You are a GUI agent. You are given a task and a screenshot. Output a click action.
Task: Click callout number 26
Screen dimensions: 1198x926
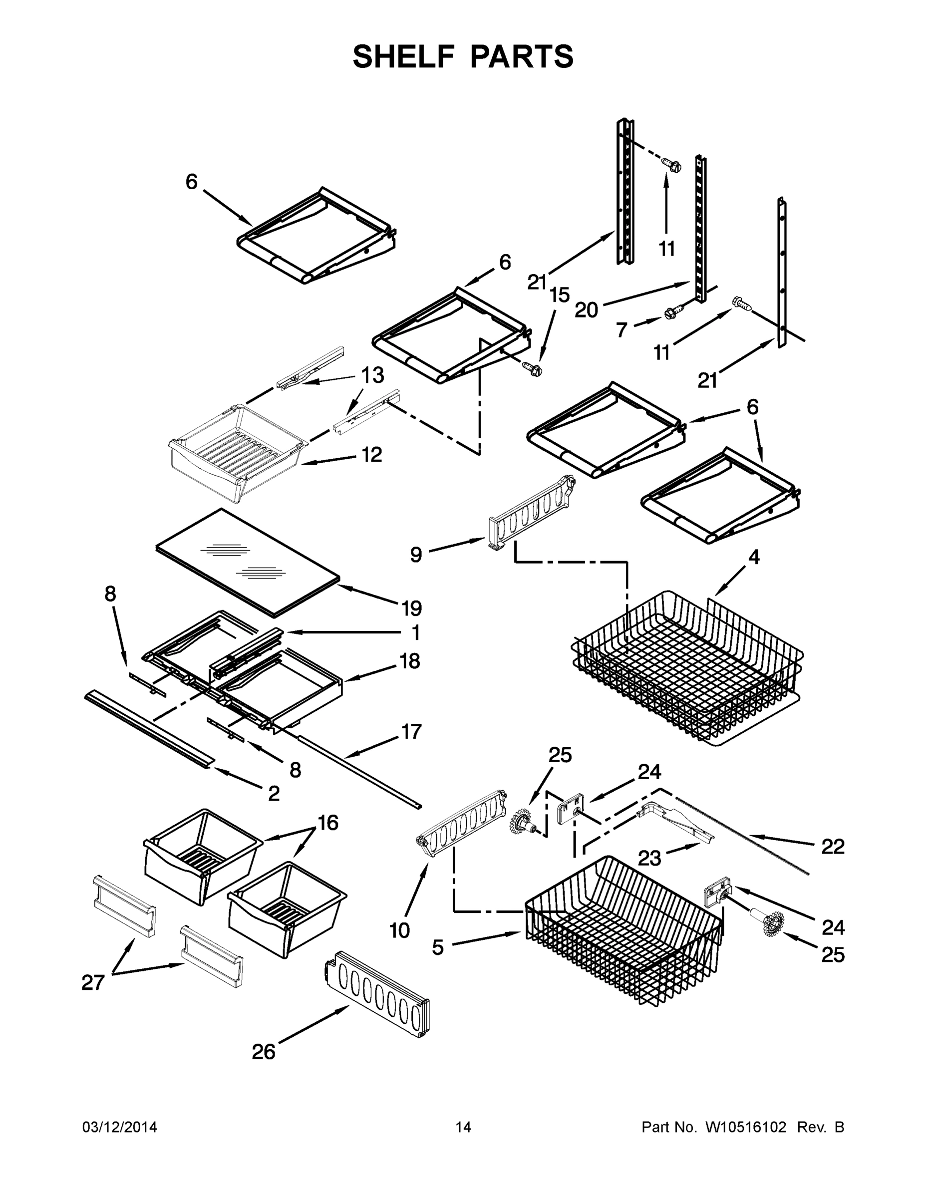click(263, 1052)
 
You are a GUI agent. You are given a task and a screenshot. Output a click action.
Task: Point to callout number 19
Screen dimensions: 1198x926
click(411, 608)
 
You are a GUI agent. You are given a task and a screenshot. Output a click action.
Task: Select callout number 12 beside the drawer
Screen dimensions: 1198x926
click(371, 454)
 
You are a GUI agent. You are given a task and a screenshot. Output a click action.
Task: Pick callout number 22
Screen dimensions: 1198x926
click(832, 847)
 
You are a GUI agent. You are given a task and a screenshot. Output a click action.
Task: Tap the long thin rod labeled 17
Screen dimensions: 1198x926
click(359, 771)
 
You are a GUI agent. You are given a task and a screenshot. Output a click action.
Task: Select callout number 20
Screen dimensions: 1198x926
click(586, 310)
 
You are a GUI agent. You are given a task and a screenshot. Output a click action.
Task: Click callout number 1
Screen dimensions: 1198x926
click(416, 632)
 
